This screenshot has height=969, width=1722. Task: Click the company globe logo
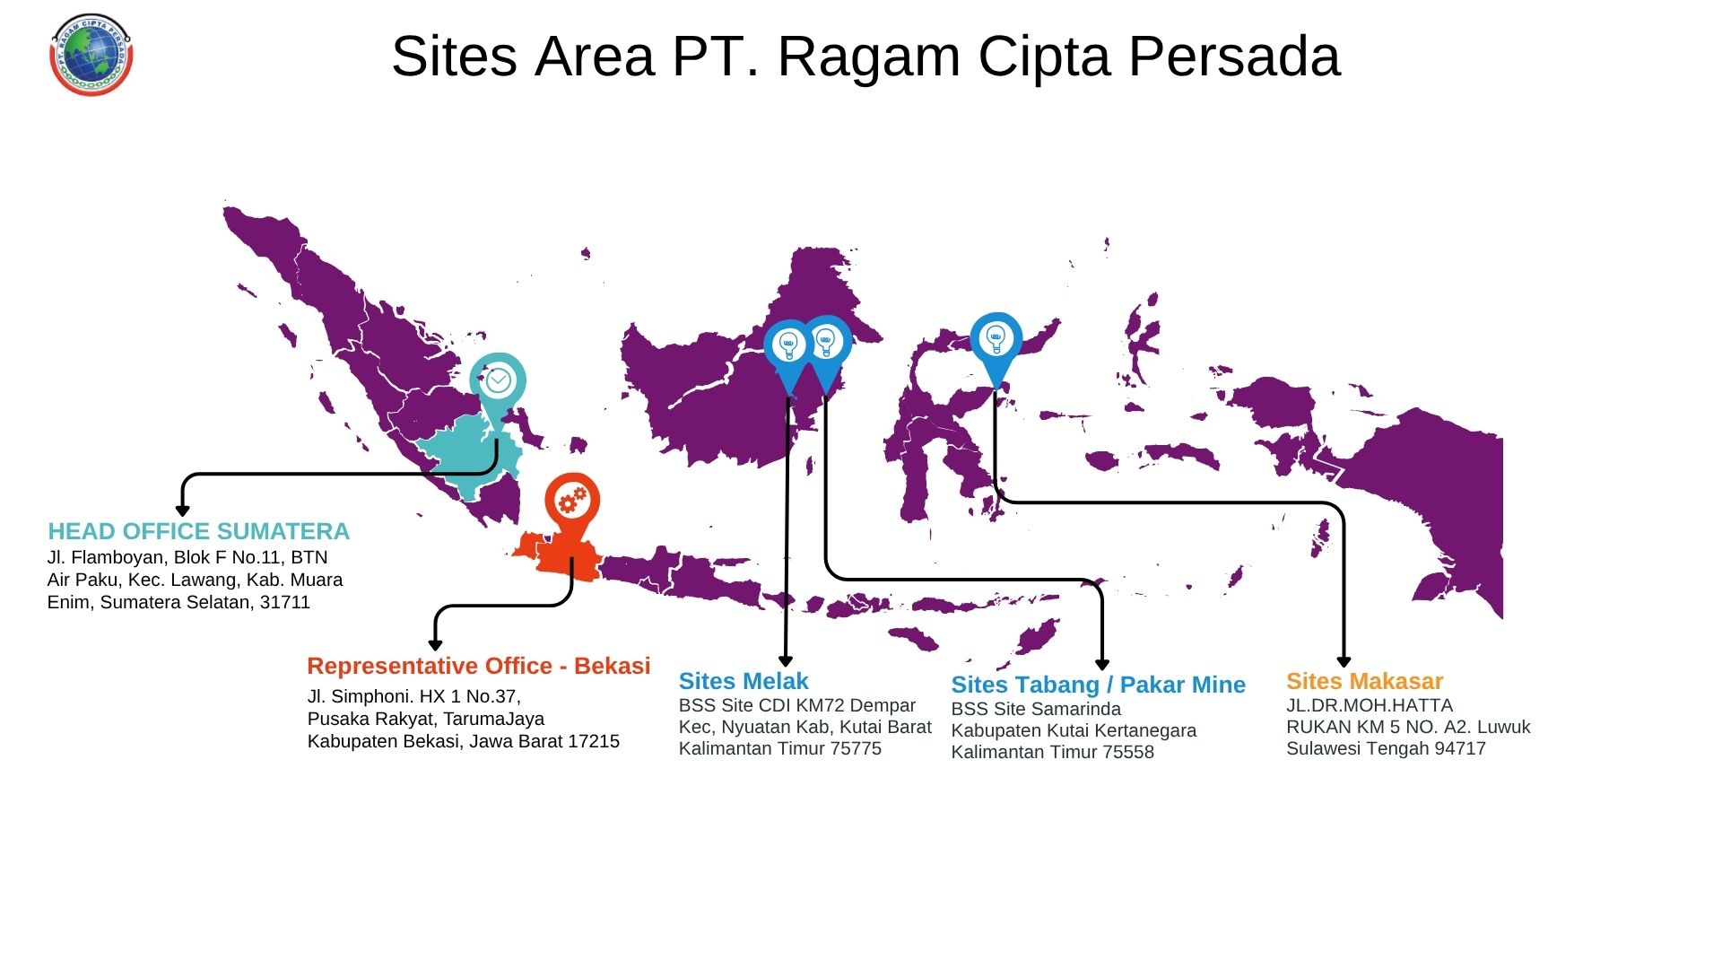pos(91,54)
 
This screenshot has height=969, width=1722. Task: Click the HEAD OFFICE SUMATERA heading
pos(198,531)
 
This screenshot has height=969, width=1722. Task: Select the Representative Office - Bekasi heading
pos(479,666)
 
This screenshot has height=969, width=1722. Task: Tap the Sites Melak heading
pos(744,681)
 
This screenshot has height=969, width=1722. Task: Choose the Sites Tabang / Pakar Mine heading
pos(1099,685)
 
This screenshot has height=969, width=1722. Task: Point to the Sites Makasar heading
pos(1364,681)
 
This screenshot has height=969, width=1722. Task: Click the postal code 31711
pos(285,602)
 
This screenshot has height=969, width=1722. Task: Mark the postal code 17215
pos(592,741)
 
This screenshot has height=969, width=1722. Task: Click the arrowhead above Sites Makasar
pos(1344,662)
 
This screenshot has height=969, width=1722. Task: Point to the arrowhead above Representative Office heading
pos(436,645)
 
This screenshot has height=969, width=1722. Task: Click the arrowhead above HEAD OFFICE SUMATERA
pos(182,511)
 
